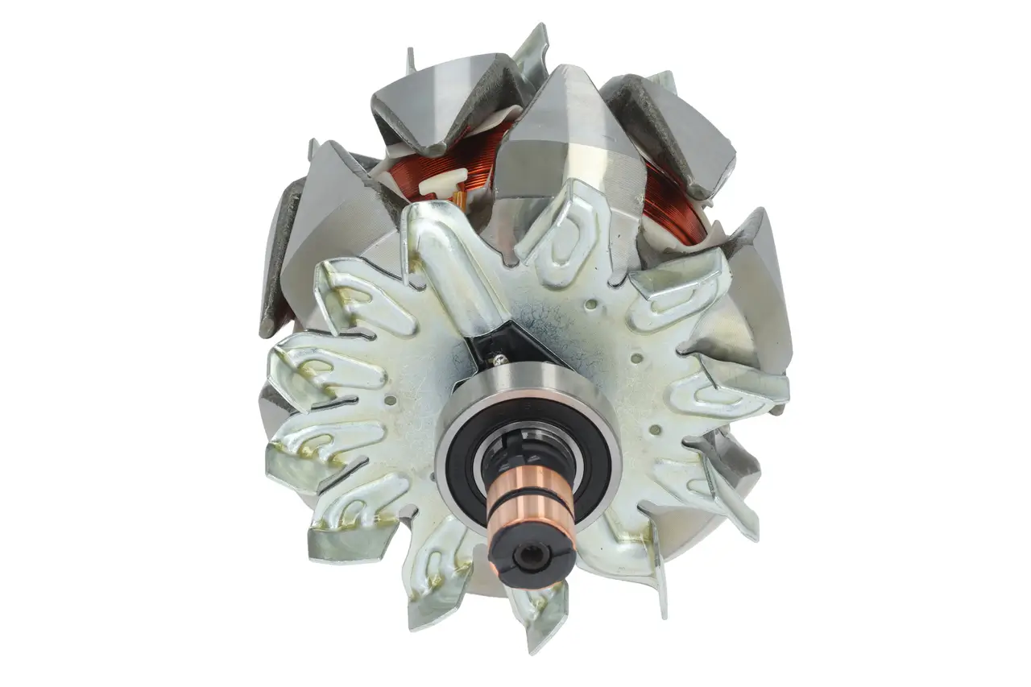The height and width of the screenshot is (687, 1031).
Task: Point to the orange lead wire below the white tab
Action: pos(458,199)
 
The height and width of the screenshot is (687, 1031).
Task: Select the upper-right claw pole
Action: pos(673,129)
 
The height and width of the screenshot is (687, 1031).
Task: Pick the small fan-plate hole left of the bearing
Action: pos(391,399)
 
